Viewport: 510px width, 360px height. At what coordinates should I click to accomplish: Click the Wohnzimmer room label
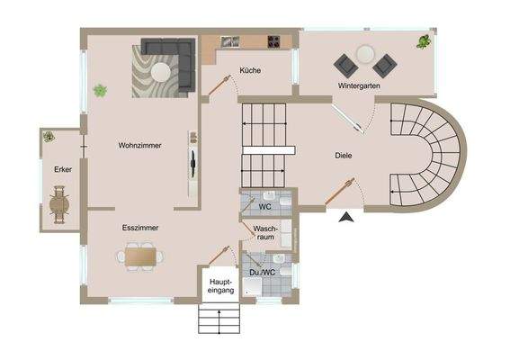tap(139, 145)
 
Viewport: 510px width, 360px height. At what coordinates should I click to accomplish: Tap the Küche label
tap(250, 71)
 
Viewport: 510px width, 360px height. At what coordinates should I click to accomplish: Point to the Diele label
tap(342, 155)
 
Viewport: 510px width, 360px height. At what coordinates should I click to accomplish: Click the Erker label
tap(62, 169)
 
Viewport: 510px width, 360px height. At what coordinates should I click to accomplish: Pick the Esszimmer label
tap(140, 228)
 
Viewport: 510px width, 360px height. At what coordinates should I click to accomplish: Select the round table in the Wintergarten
tap(366, 52)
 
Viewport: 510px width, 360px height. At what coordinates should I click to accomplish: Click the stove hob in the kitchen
tap(273, 41)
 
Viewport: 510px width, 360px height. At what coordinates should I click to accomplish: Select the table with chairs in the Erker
tap(60, 204)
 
